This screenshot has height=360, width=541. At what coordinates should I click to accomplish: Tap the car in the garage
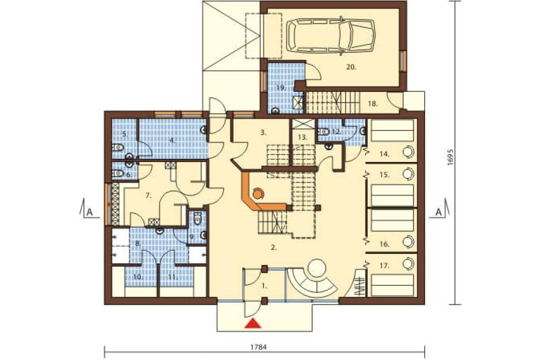click(x=331, y=36)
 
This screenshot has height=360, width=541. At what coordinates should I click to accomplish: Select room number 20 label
click(x=351, y=67)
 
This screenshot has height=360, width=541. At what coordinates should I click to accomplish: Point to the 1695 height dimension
click(x=449, y=158)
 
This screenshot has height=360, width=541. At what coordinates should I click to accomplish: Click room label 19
click(x=281, y=88)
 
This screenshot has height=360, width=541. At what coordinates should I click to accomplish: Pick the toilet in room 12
click(x=323, y=131)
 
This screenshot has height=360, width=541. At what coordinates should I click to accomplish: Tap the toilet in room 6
click(x=118, y=173)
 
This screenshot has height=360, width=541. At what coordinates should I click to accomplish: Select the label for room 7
click(x=148, y=195)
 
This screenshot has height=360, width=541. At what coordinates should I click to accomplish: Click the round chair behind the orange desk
click(x=258, y=194)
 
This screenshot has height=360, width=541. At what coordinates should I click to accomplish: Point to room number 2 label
click(x=274, y=247)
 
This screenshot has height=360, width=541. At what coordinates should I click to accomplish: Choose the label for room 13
click(x=302, y=137)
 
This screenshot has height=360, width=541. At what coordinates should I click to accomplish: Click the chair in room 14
click(x=408, y=151)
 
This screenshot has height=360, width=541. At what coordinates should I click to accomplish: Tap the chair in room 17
click(x=408, y=264)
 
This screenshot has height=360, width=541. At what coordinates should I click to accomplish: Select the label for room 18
click(x=373, y=103)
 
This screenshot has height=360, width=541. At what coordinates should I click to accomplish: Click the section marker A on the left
click(x=89, y=212)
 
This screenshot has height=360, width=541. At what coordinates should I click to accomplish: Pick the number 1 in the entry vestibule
click(x=265, y=286)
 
